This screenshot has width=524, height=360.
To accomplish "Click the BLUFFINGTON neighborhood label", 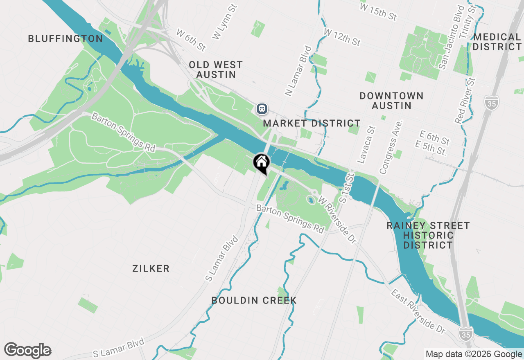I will [65, 39].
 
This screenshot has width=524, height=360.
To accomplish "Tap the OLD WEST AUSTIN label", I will [216, 70].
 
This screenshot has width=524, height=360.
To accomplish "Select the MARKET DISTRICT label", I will [312, 123].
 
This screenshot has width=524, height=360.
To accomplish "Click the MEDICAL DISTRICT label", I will [497, 42].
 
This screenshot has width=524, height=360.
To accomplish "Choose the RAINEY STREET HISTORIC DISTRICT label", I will [428, 235].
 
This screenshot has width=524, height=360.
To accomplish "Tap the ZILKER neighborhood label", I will [151, 268].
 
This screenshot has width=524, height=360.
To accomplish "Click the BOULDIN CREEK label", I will [254, 300].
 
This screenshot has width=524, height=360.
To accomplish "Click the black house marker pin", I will [261, 163].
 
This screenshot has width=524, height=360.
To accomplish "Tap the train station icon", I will [262, 109].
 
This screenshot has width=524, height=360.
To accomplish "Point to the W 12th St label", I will [342, 37].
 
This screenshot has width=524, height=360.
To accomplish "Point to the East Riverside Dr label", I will [418, 311].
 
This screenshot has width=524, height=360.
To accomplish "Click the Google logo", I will [28, 351].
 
